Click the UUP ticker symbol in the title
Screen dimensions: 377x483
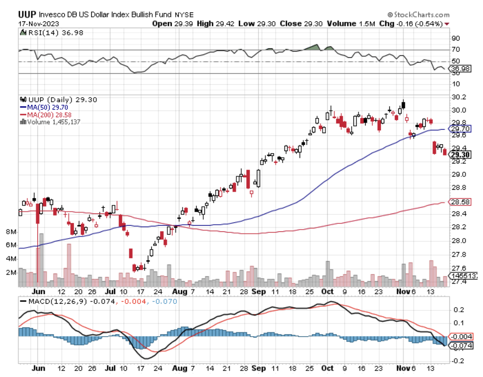(27, 14)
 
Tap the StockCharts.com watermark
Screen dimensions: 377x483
(418, 14)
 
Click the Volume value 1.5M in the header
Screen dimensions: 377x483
(367, 23)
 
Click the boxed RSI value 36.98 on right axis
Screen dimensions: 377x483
(460, 69)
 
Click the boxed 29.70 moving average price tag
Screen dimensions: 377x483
(460, 129)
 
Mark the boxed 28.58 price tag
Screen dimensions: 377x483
(460, 202)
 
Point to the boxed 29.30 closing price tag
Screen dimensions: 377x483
(460, 155)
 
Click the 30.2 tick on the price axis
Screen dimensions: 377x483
(458, 97)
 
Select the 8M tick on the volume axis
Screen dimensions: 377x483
(11, 232)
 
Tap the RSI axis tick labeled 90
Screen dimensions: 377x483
(456, 38)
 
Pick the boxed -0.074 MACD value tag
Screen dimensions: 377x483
(461, 346)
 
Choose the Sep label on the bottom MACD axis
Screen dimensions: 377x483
(259, 368)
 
